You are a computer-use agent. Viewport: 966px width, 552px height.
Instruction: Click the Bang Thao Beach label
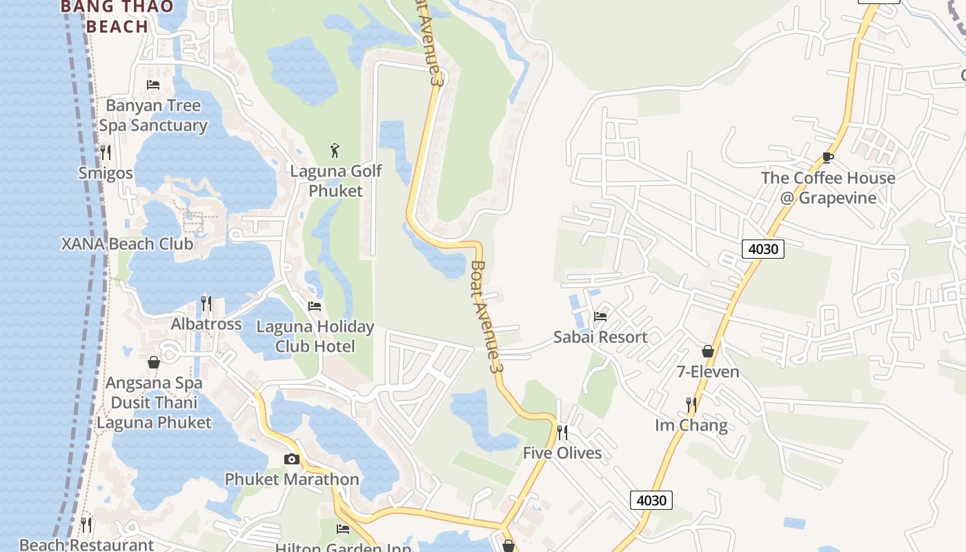[105, 17]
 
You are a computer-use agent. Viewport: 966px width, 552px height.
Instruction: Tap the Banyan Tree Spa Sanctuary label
[152, 115]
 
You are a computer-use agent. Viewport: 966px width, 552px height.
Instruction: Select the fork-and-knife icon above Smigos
[106, 152]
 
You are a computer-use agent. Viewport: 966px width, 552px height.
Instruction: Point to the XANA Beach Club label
[128, 244]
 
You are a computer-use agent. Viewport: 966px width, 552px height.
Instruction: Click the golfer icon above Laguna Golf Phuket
[335, 150]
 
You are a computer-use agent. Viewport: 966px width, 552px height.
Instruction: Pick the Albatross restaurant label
[206, 324]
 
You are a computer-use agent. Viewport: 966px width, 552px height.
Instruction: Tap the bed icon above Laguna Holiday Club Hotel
[315, 306]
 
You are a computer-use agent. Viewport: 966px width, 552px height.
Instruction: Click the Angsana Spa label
[154, 382]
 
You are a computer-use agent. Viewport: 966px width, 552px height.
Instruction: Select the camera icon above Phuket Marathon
[292, 459]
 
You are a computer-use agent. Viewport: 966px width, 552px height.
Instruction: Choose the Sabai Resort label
[600, 337]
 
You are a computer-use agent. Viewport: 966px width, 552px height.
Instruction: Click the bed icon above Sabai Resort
[600, 316]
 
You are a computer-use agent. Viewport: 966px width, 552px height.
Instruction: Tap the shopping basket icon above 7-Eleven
[708, 351]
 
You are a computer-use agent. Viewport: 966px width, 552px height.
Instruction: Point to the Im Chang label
[691, 425]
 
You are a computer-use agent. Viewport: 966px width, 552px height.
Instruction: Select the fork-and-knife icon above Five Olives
[562, 433]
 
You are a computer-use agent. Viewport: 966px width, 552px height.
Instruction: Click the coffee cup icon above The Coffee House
[828, 157]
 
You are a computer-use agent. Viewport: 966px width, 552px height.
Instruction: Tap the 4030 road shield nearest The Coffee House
[763, 248]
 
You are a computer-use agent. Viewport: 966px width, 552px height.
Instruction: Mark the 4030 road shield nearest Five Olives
[651, 500]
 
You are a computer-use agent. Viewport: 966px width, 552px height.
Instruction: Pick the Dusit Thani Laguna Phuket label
[154, 412]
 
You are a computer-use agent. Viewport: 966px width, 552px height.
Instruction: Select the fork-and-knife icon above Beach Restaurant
[86, 525]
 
